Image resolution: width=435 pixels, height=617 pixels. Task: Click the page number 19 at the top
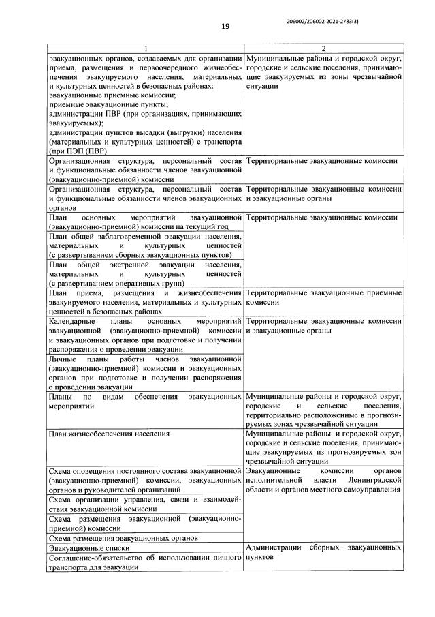(225, 27)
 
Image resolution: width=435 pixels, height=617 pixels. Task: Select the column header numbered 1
(145, 48)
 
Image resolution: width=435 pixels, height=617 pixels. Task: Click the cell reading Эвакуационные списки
(89, 547)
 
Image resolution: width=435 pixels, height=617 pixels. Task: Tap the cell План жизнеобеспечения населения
(108, 433)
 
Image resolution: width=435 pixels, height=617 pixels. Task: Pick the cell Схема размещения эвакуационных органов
(123, 537)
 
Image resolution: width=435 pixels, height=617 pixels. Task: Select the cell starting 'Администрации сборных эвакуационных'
(323, 552)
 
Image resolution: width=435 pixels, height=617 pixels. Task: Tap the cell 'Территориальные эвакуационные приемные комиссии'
(323, 297)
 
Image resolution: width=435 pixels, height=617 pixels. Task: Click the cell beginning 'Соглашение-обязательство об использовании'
(145, 562)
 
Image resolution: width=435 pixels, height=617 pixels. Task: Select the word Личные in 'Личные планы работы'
(63, 358)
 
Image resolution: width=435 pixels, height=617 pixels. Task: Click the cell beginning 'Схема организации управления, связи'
(145, 505)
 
